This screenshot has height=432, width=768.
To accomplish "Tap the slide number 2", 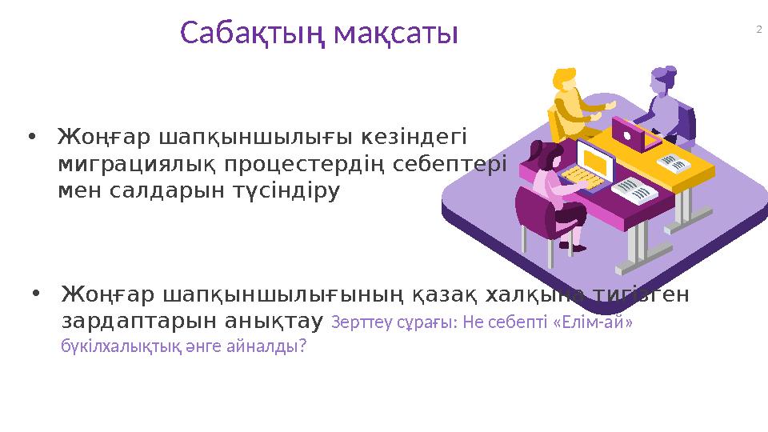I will (x=758, y=30).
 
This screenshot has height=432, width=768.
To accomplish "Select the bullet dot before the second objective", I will (x=35, y=294).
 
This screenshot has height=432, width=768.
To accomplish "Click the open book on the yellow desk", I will (x=674, y=165).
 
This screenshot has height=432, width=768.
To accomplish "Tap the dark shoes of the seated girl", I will (x=570, y=245).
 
